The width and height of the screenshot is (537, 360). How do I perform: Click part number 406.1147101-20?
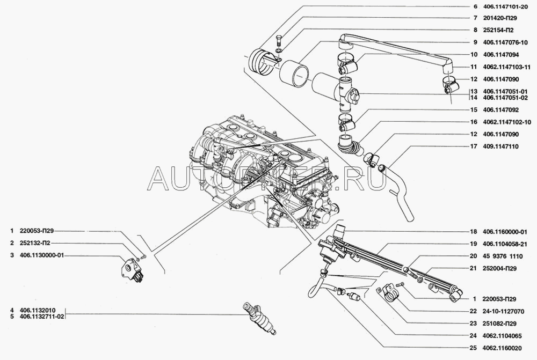pos(505,6)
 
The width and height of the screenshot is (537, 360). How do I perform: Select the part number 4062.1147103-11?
pos(507,67)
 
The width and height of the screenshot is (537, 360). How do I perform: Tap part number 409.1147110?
pos(500,146)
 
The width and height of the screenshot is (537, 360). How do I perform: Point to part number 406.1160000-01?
pos(505,232)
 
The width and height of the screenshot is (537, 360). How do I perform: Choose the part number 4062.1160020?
pos(502,348)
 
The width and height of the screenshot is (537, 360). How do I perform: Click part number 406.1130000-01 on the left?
pos(42,255)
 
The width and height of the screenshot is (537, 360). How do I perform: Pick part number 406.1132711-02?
pos(42,317)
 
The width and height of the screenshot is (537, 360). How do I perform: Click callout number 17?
pos(474,146)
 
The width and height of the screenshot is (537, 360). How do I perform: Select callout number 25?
pos(473,348)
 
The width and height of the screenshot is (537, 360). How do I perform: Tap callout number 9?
pos(475,43)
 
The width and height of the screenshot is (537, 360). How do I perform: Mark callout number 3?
pos(12,255)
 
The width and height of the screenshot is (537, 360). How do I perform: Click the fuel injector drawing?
pos(259,318)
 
